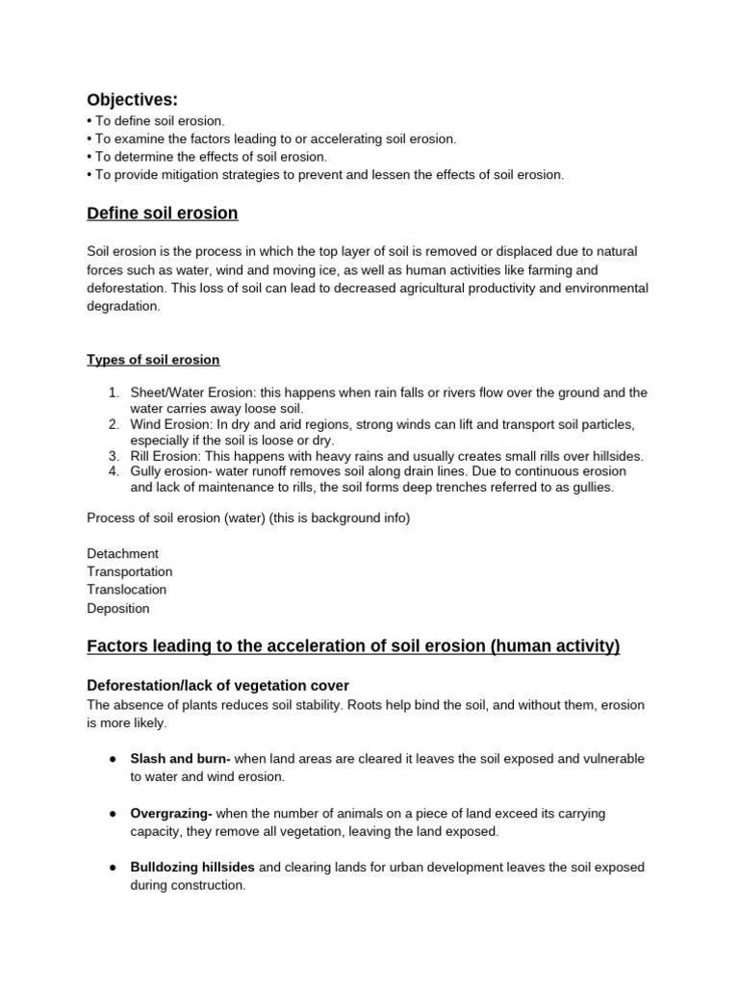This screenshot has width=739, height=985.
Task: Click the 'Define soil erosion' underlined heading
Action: (x=163, y=213)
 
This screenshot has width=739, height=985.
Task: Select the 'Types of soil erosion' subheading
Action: (x=153, y=360)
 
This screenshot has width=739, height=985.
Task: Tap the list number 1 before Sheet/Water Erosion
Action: (x=113, y=392)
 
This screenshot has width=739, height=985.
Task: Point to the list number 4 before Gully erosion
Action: (x=113, y=471)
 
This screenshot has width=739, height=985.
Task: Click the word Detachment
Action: (x=123, y=554)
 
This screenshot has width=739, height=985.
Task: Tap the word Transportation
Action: (x=130, y=572)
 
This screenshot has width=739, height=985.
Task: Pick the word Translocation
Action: (x=127, y=590)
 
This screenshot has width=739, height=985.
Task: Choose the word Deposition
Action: (x=118, y=608)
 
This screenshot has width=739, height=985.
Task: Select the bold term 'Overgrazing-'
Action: (x=171, y=813)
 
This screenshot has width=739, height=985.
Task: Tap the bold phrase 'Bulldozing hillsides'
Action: (x=192, y=867)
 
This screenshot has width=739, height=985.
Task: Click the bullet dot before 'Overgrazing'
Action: (x=113, y=814)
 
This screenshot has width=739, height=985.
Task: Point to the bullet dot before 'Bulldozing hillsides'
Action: (x=113, y=868)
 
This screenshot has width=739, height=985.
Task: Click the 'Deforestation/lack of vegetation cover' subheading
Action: (x=217, y=685)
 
